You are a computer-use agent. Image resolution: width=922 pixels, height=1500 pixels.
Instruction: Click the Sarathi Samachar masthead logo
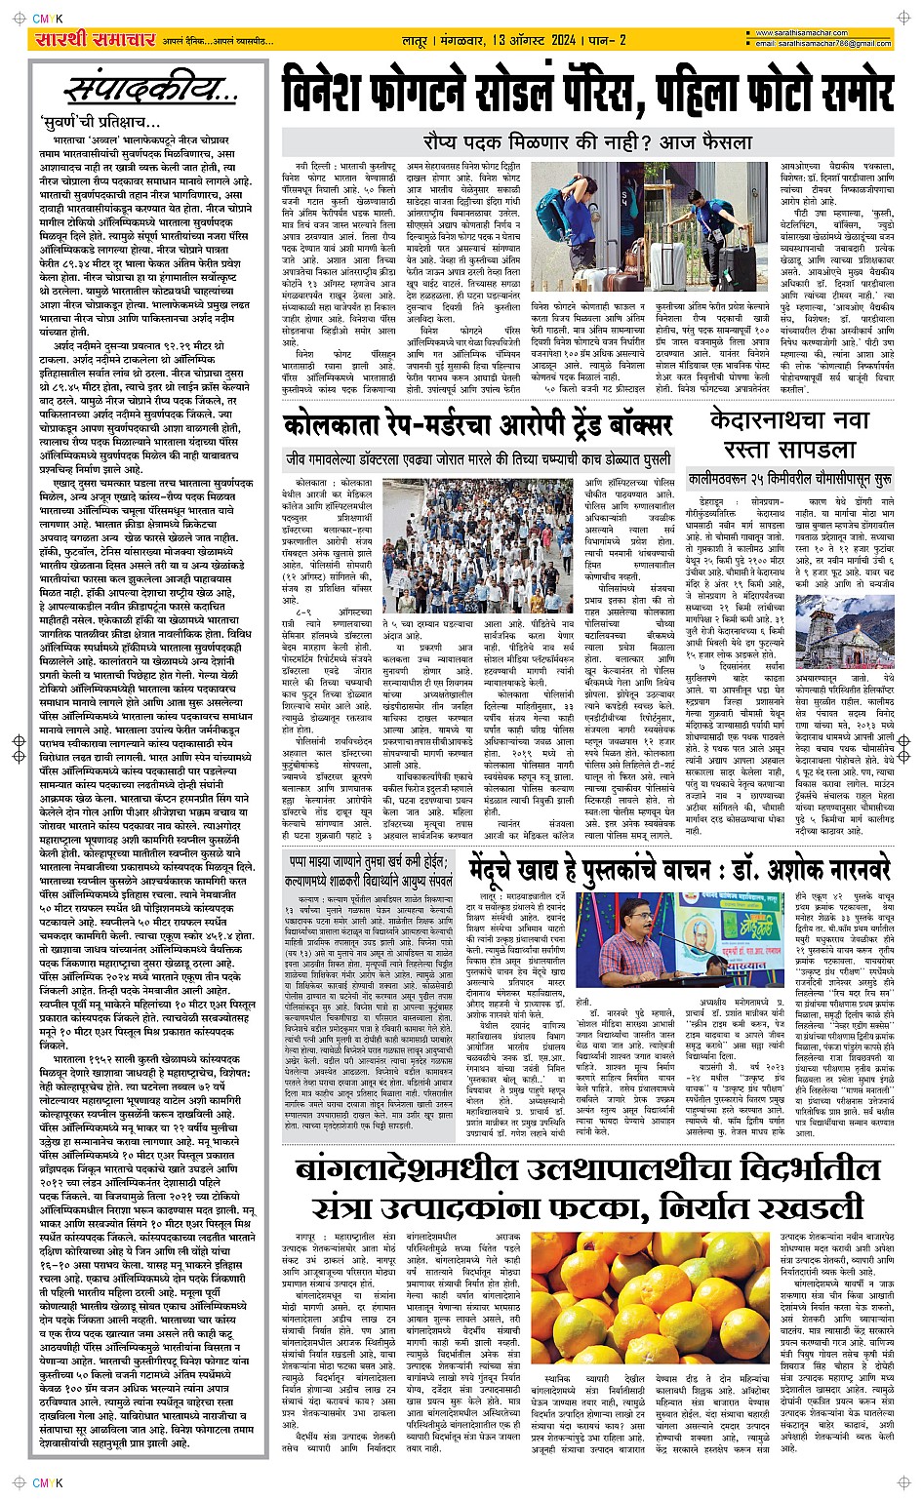click(81, 41)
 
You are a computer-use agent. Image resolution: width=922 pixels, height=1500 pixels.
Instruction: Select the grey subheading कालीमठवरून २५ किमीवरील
click(788, 480)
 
